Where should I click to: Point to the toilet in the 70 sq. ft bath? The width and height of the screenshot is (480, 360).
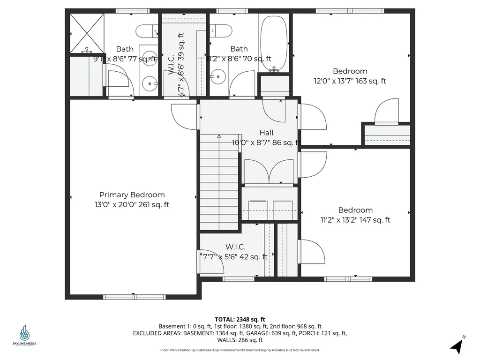tap(220, 31)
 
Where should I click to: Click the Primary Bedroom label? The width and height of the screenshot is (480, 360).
tap(132, 195)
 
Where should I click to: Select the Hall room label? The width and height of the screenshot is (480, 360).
tap(266, 133)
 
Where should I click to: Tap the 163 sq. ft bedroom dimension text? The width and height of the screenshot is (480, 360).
tap(350, 81)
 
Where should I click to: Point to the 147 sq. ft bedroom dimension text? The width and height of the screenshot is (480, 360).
tap(355, 220)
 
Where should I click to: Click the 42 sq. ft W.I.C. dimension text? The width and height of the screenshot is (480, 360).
tap(235, 256)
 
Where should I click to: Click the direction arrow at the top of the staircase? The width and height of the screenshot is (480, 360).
tap(219, 137)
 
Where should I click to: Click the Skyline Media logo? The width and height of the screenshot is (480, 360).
tap(24, 336)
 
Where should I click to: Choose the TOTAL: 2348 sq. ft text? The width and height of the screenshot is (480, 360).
tap(240, 319)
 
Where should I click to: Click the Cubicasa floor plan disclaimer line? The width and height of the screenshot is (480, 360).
tap(240, 350)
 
